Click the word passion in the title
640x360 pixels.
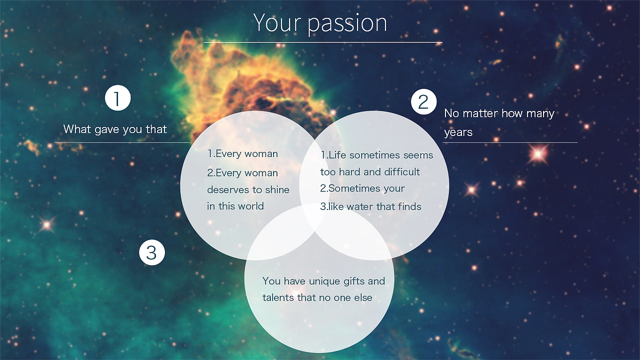(x=347, y=23)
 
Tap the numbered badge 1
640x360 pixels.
(x=117, y=98)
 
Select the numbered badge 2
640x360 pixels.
(x=423, y=101)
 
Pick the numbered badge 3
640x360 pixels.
(x=152, y=252)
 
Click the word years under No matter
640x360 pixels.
(x=458, y=132)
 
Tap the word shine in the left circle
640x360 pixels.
(x=277, y=189)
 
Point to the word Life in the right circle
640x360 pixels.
(x=336, y=155)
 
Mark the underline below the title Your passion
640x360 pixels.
(x=323, y=42)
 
